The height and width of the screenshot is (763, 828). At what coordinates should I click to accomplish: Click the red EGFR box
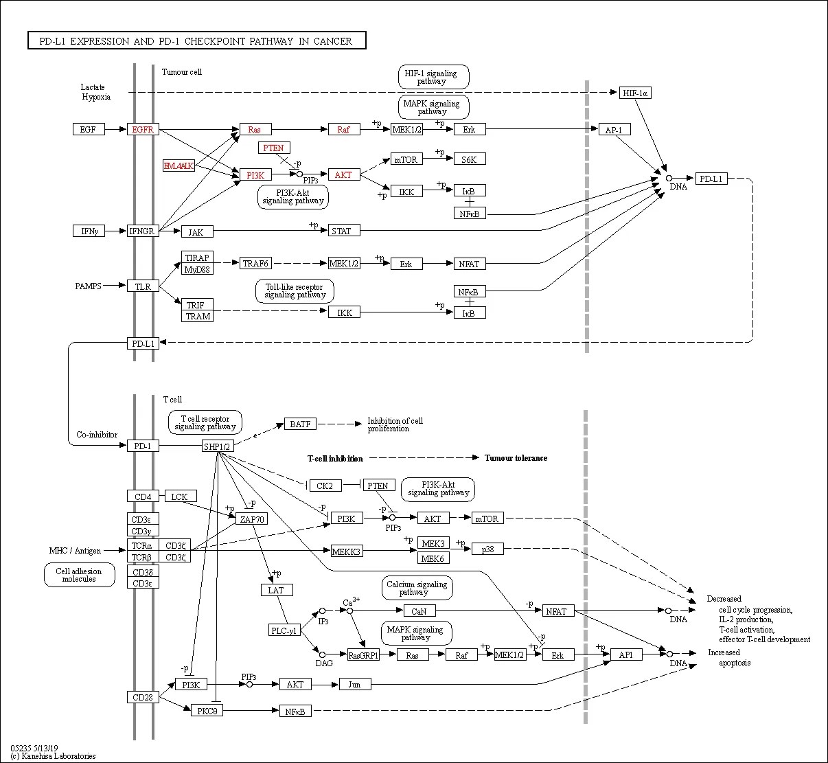click(x=143, y=129)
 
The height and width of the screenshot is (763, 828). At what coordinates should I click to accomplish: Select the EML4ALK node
click(x=179, y=166)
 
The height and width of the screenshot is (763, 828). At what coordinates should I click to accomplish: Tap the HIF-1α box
click(x=635, y=93)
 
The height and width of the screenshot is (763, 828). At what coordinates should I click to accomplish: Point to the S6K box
click(x=470, y=159)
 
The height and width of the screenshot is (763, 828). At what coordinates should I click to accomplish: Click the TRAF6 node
click(x=255, y=263)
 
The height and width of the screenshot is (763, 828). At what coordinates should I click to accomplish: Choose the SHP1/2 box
click(x=218, y=446)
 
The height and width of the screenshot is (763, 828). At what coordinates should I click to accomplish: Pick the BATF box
click(x=300, y=424)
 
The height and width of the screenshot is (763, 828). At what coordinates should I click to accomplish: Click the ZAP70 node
click(x=251, y=519)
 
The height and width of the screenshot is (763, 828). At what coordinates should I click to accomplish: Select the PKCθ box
click(x=207, y=711)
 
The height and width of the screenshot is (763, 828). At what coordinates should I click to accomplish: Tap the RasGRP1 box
click(x=363, y=654)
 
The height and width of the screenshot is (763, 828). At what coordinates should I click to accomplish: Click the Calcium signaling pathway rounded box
click(x=417, y=588)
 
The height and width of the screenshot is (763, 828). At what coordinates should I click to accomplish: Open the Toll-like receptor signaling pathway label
click(x=295, y=291)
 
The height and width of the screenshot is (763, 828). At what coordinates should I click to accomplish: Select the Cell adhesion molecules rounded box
click(x=79, y=575)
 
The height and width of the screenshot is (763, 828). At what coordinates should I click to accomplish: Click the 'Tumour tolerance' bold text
click(x=516, y=458)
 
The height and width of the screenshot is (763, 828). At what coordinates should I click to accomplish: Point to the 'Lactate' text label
click(x=93, y=87)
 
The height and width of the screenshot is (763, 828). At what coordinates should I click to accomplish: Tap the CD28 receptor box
click(x=143, y=697)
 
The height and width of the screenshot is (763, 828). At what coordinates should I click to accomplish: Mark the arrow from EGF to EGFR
click(x=115, y=129)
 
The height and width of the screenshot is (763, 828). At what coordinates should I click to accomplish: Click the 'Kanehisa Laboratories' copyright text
click(x=58, y=756)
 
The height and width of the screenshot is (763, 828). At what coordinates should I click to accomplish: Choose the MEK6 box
click(x=433, y=558)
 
